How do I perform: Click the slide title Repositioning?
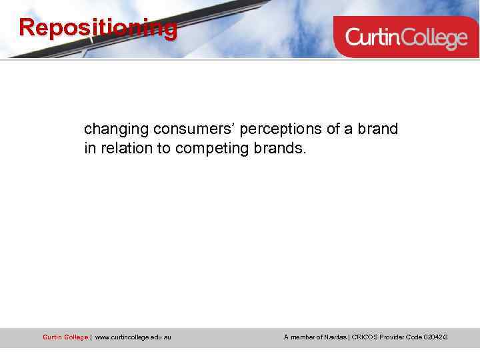point(98,28)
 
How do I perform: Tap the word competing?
point(213,148)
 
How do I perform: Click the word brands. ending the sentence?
point(280,148)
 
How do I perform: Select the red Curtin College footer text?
point(65,337)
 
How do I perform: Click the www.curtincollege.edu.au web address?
point(133,337)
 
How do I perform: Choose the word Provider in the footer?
point(397,337)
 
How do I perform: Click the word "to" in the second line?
point(164,148)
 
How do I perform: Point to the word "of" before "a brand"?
point(331,129)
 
